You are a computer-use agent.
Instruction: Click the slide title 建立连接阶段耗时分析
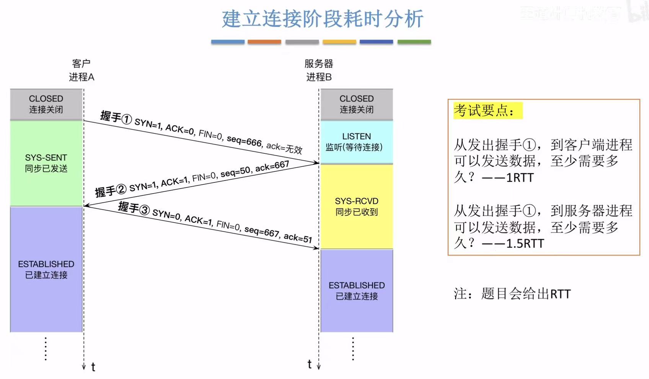[x=322, y=19]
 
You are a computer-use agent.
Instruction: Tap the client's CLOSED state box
[x=46, y=104]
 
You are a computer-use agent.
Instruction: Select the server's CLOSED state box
[x=356, y=104]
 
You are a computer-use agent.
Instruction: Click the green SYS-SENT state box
[x=46, y=163]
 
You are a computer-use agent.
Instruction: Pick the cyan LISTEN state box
[x=356, y=142]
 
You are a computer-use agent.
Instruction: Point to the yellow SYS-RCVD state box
[x=356, y=207]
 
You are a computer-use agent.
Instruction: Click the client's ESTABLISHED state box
[x=46, y=269]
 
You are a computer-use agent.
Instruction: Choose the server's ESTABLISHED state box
[x=356, y=291]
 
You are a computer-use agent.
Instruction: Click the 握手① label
[x=116, y=117]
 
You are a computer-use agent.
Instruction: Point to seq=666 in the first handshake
[x=244, y=141]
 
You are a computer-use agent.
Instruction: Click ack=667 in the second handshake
[x=272, y=166]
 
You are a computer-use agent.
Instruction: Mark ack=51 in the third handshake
[x=298, y=238]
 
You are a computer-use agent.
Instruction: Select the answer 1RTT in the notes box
[x=519, y=177]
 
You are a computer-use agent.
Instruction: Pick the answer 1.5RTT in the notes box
[x=525, y=243]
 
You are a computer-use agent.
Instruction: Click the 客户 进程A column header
[x=81, y=70]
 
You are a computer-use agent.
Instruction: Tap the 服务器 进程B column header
[x=319, y=70]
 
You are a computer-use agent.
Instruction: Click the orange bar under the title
[x=264, y=42]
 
